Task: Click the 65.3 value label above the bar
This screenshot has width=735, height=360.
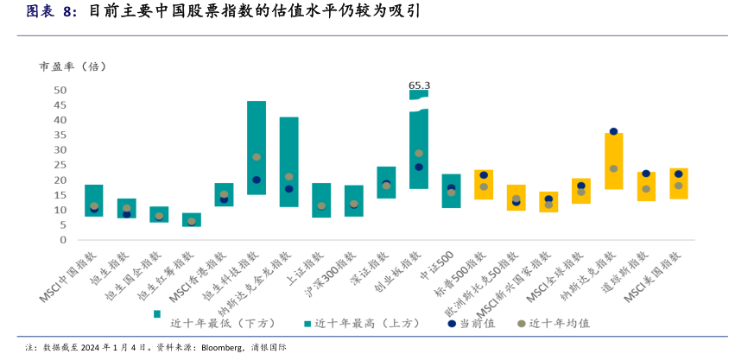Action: pyautogui.click(x=419, y=85)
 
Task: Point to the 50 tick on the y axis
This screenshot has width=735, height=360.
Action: pyautogui.click(x=60, y=90)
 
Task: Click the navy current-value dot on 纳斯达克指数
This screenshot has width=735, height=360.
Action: pyautogui.click(x=613, y=132)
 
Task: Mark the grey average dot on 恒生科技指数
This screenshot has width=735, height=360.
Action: pyautogui.click(x=257, y=157)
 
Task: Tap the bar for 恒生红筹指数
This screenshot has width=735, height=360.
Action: pyautogui.click(x=192, y=219)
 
